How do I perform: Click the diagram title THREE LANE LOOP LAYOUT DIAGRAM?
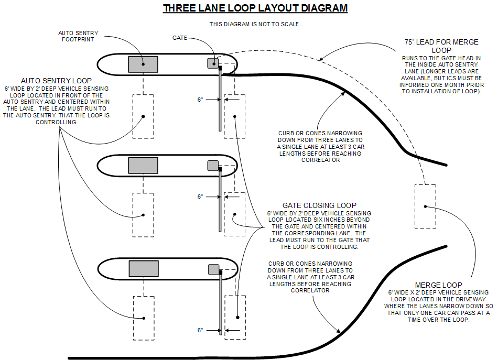[x=255, y=8]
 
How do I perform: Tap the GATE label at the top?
[x=180, y=38]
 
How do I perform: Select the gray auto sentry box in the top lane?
[x=143, y=64]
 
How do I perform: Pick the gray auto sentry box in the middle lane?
[x=143, y=165]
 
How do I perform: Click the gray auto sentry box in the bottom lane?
[x=143, y=268]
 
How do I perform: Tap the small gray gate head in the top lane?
[x=213, y=63]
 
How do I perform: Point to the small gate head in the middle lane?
[x=213, y=165]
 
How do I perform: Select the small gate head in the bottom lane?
[x=213, y=269]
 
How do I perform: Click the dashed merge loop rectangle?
[x=425, y=206]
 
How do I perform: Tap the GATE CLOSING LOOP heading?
[x=319, y=205]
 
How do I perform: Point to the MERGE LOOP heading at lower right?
[x=438, y=286]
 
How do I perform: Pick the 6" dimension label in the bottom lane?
[x=200, y=330]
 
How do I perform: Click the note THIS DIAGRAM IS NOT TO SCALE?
[x=255, y=24]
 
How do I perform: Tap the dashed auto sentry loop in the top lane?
[x=143, y=116]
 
